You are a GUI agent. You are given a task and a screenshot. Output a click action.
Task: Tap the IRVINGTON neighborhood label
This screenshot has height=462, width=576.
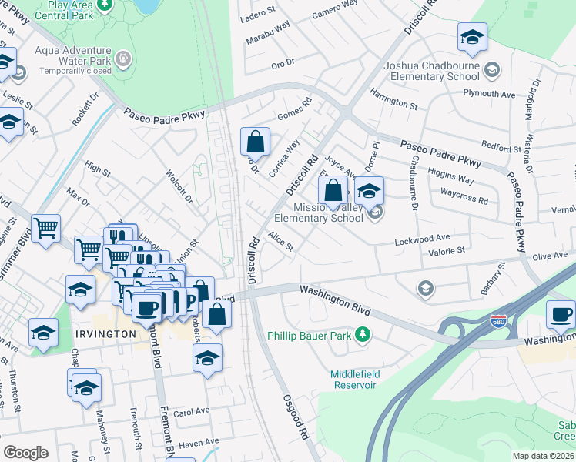[x=106, y=334]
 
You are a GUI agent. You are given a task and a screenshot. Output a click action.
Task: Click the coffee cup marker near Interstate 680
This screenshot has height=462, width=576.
[x=561, y=314]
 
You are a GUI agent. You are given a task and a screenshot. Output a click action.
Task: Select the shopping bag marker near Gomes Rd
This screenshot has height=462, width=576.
[x=255, y=142]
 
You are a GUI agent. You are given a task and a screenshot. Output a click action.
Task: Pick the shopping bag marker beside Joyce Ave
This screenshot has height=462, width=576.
[x=333, y=189]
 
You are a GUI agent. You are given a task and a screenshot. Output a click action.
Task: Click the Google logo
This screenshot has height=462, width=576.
[x=25, y=452]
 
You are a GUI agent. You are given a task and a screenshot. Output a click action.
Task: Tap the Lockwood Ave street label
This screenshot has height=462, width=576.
[x=421, y=241]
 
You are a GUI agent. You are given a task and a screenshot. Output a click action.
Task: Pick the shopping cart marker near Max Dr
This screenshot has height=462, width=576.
[x=45, y=228]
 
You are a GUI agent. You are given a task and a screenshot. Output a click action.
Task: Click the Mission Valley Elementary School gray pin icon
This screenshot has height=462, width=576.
[x=374, y=215]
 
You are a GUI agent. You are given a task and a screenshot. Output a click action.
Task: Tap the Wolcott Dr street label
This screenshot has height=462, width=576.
[x=179, y=185]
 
